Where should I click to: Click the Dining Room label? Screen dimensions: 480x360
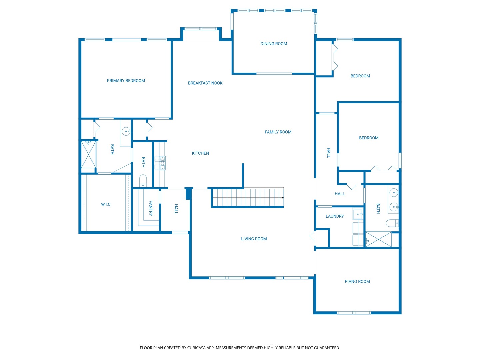pyautogui.click(x=274, y=44)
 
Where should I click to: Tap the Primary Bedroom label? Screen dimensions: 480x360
pyautogui.click(x=126, y=81)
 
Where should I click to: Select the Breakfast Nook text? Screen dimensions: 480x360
pyautogui.click(x=205, y=83)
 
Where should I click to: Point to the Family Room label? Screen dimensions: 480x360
pyautogui.click(x=278, y=132)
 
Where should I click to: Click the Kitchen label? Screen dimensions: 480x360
pyautogui.click(x=200, y=153)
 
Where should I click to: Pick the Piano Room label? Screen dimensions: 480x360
pyautogui.click(x=357, y=282)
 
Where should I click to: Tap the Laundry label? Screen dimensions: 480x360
pyautogui.click(x=335, y=216)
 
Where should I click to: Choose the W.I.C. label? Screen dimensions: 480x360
pyautogui.click(x=106, y=204)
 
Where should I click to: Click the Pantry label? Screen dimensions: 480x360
pyautogui.click(x=150, y=208)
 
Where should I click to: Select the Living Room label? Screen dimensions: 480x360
pyautogui.click(x=254, y=239)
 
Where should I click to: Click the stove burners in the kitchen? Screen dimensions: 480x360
pyautogui.click(x=160, y=163)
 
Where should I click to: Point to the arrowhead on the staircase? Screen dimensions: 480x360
pyautogui.click(x=283, y=198)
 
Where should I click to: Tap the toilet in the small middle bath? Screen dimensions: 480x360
pyautogui.click(x=143, y=181)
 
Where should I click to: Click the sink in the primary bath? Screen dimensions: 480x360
pyautogui.click(x=126, y=131)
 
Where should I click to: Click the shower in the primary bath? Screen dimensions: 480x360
pyautogui.click(x=89, y=155)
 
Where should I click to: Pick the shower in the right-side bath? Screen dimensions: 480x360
pyautogui.click(x=378, y=239)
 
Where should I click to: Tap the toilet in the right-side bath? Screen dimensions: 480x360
pyautogui.click(x=392, y=223)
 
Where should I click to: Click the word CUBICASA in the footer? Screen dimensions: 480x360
pyautogui.click(x=196, y=348)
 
